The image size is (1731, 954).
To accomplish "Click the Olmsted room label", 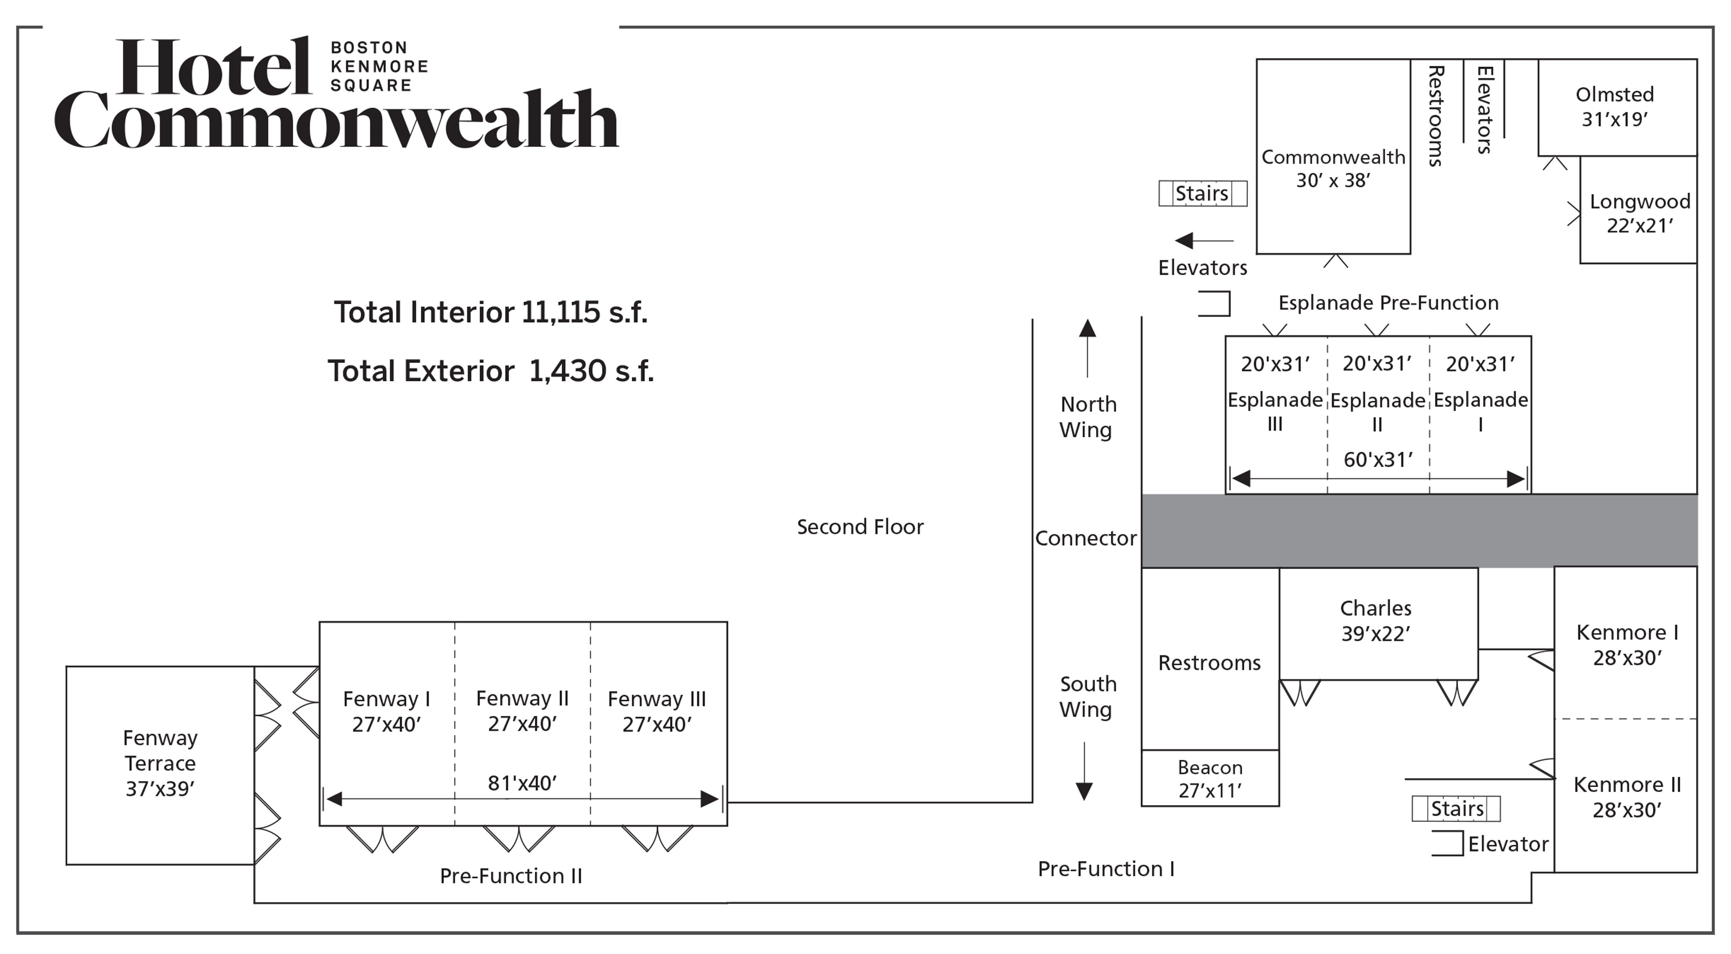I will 1614,95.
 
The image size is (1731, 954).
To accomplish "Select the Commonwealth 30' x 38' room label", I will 1333,168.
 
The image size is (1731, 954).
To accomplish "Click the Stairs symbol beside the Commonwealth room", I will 1202,193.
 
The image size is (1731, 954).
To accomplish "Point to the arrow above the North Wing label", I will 1087,347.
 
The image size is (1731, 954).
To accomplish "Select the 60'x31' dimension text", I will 1378,460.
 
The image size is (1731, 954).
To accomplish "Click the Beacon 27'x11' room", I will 1210,778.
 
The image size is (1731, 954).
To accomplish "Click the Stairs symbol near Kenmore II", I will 1456,808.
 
